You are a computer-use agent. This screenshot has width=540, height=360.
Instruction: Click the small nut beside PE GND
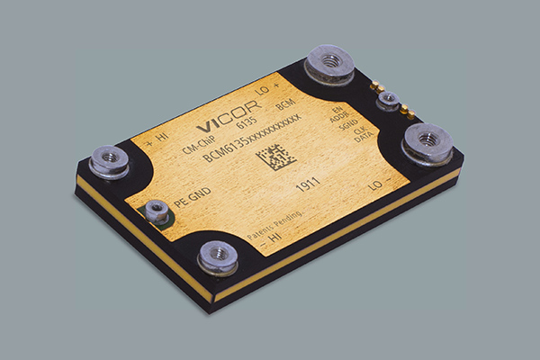point(157,212)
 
